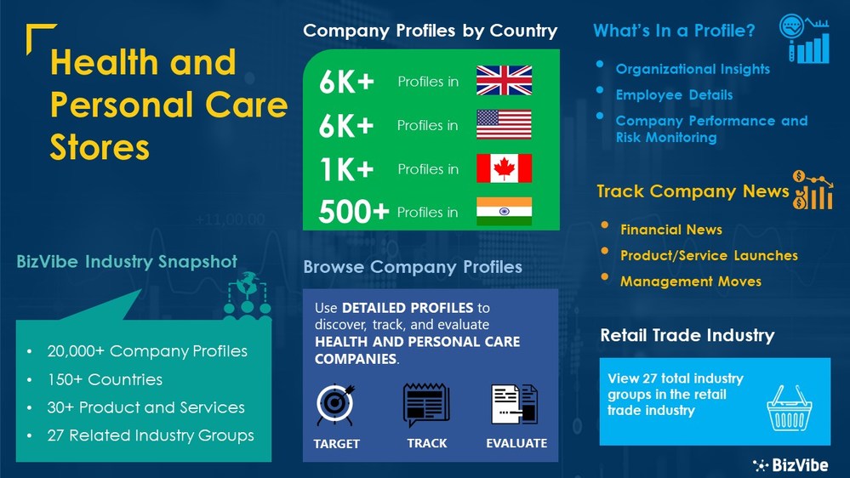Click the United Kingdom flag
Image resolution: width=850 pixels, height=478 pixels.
tap(504, 80)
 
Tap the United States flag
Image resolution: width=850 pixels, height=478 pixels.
tap(504, 124)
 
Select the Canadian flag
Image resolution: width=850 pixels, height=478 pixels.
tap(504, 168)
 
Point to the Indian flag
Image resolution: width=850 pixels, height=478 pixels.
tap(504, 211)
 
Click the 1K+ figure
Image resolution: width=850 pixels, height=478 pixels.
tap(346, 169)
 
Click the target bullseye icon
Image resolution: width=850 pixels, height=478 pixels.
tap(336, 406)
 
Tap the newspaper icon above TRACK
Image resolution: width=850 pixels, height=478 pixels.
tap(426, 406)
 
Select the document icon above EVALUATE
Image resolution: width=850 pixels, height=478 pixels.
tap(515, 406)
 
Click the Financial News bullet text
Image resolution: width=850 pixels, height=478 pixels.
tap(670, 230)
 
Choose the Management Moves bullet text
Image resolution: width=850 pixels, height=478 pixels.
tap(690, 281)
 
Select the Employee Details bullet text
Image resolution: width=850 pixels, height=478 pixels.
tap(674, 94)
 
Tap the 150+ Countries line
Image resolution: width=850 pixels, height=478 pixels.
tap(105, 379)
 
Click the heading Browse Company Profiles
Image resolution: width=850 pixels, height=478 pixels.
tap(413, 267)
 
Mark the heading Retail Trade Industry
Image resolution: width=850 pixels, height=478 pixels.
tap(687, 335)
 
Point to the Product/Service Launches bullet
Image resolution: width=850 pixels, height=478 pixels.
tap(709, 255)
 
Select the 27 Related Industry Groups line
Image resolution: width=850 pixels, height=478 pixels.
tap(150, 435)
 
